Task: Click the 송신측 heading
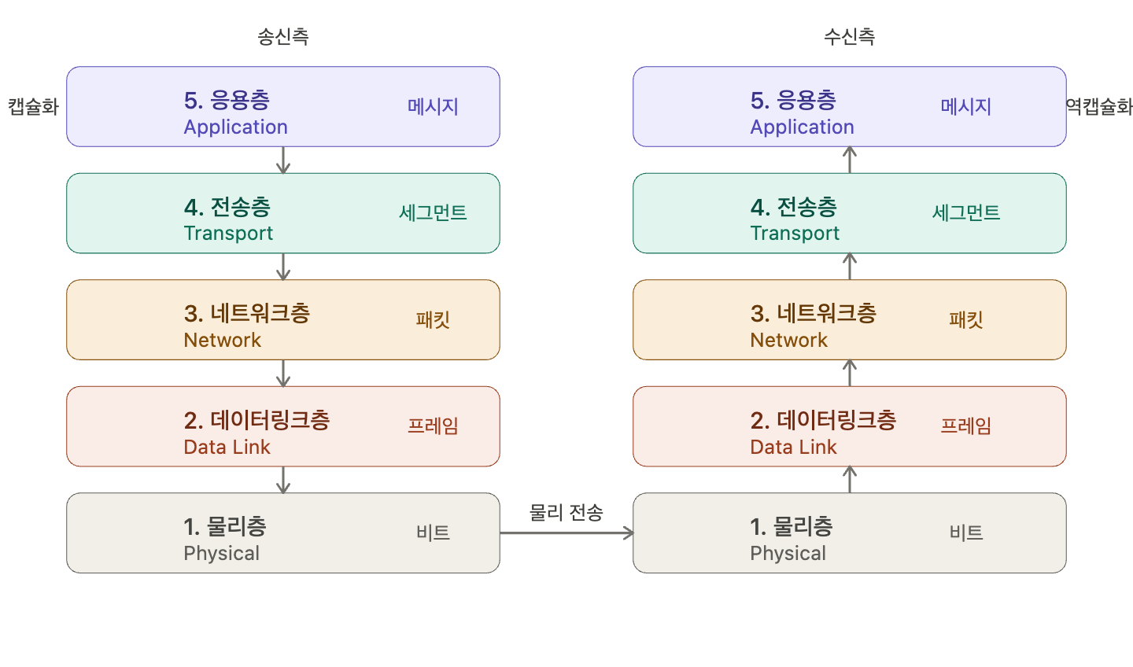pos(282,36)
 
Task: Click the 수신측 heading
pos(849,36)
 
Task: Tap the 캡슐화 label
pos(33,107)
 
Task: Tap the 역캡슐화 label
pos(1099,107)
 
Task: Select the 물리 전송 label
pos(566,513)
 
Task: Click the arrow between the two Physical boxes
pos(566,533)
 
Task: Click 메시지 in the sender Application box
pos(433,107)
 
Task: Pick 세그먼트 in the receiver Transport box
pos(966,213)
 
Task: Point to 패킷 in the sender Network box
pos(433,319)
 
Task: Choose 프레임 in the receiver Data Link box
pos(966,426)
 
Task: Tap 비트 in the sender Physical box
pos(433,532)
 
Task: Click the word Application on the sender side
pos(236,127)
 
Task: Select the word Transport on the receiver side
pos(795,234)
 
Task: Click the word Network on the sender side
pos(223,341)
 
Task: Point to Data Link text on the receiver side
pos(793,447)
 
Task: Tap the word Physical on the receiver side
pos(788,554)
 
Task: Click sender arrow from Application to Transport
pos(283,160)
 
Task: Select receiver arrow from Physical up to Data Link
pos(850,479)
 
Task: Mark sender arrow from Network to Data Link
pos(283,374)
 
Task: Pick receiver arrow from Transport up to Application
pos(850,160)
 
